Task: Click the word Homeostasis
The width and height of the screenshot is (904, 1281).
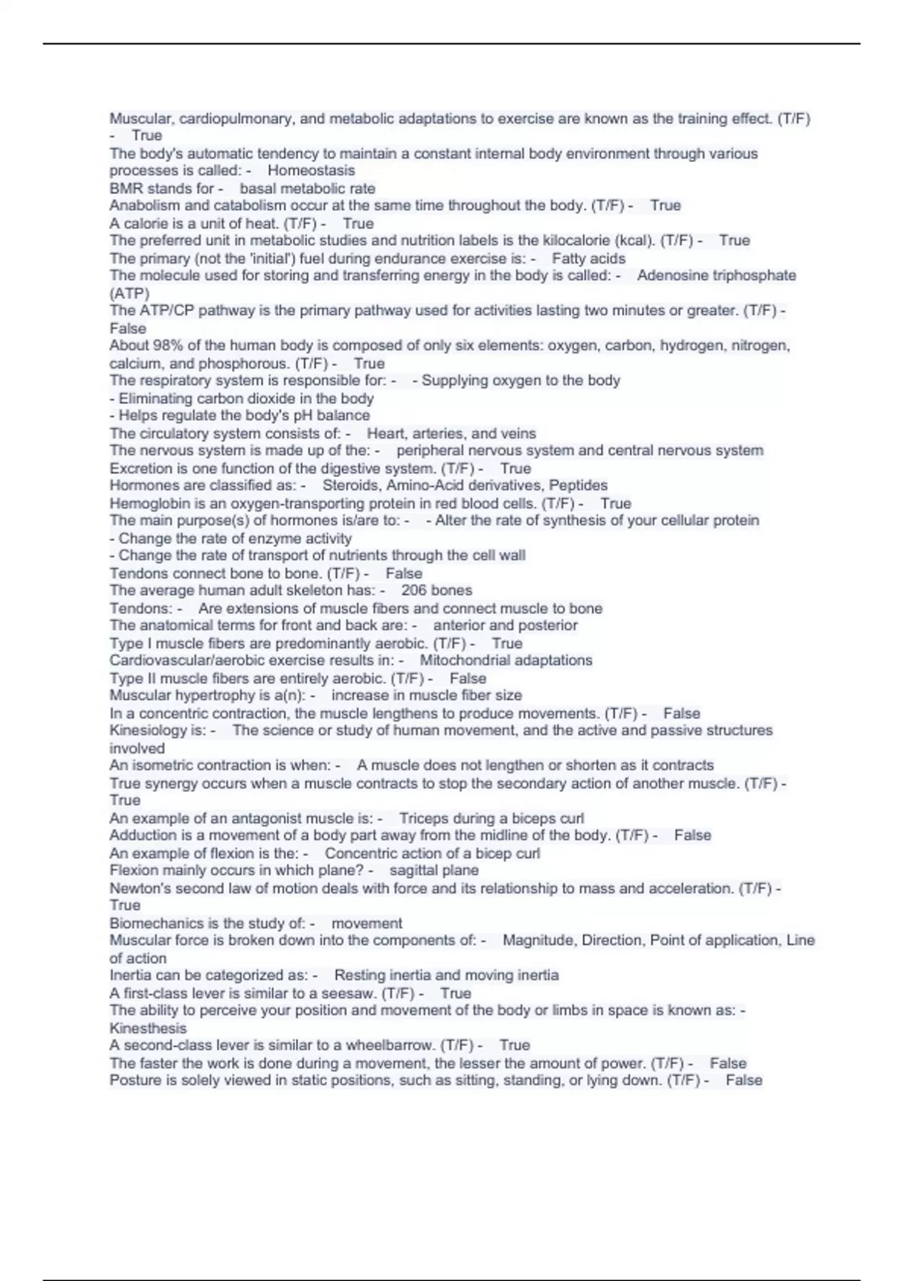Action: click(311, 170)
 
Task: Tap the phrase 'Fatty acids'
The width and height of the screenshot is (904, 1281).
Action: click(588, 258)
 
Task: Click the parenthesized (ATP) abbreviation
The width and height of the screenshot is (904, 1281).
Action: click(130, 293)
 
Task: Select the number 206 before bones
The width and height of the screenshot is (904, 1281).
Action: click(414, 591)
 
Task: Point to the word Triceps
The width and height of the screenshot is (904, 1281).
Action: click(424, 818)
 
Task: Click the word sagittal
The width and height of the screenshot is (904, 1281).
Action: click(412, 870)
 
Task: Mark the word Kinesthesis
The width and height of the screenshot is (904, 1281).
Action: click(148, 1029)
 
